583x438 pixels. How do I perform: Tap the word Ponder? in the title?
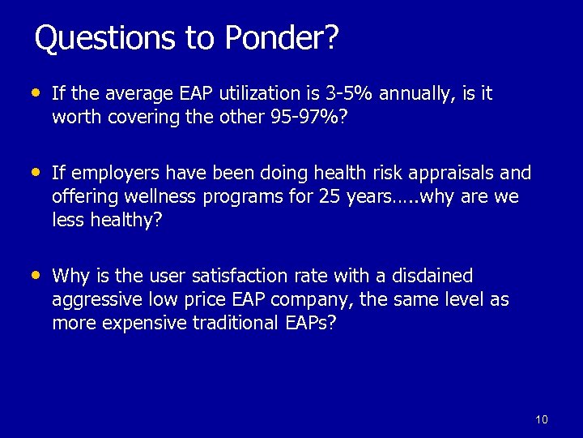[x=282, y=37]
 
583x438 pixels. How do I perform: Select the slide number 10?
[x=542, y=419]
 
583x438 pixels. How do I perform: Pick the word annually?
[x=412, y=94]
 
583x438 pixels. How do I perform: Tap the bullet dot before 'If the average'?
[x=33, y=92]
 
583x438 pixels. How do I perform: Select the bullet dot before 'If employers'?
[x=33, y=172]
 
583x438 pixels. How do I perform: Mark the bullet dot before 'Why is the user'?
[x=33, y=275]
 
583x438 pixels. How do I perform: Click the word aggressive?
[x=96, y=300]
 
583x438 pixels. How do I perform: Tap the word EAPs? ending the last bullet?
[x=309, y=323]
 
